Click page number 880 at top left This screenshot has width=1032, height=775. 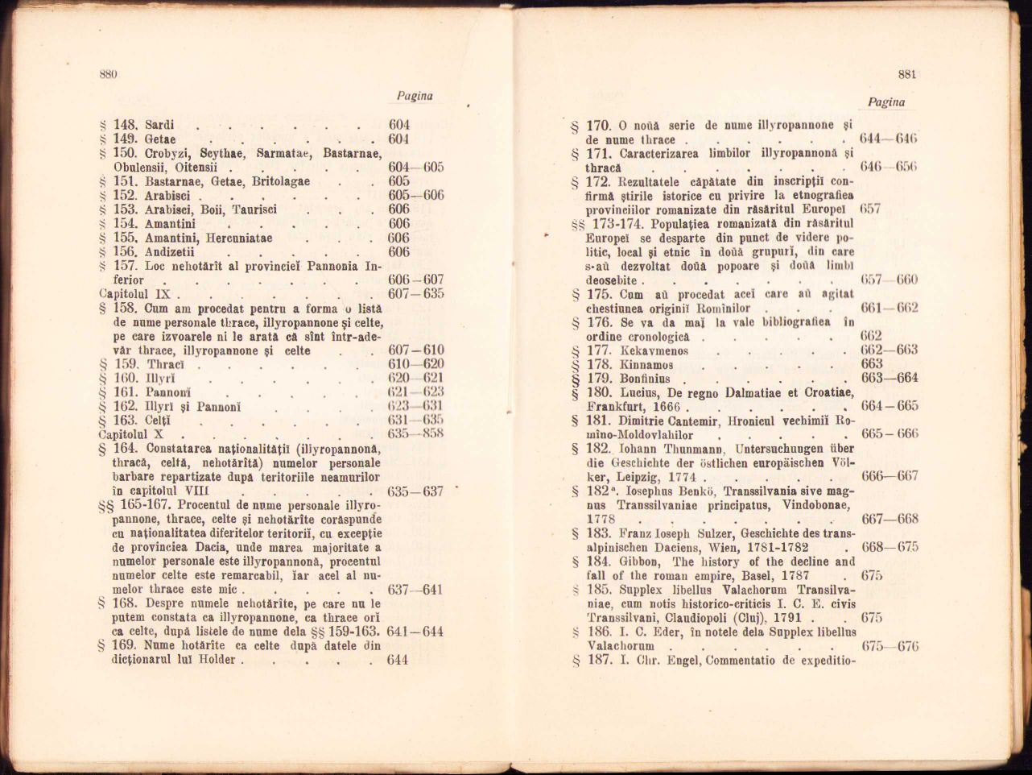109,74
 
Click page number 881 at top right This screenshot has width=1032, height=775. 907,74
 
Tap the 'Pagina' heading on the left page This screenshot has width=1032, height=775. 415,96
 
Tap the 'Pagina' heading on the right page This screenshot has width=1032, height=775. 886,102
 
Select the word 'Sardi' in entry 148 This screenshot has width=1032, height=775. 159,125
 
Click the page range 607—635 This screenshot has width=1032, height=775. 415,294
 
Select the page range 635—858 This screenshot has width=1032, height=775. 415,434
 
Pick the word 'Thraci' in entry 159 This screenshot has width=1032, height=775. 167,364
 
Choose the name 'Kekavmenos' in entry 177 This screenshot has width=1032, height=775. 654,351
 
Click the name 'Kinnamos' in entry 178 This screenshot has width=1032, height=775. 647,365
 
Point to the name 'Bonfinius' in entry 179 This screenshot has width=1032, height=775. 650,379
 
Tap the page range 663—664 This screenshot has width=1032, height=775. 889,379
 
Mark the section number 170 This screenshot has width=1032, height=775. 599,126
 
